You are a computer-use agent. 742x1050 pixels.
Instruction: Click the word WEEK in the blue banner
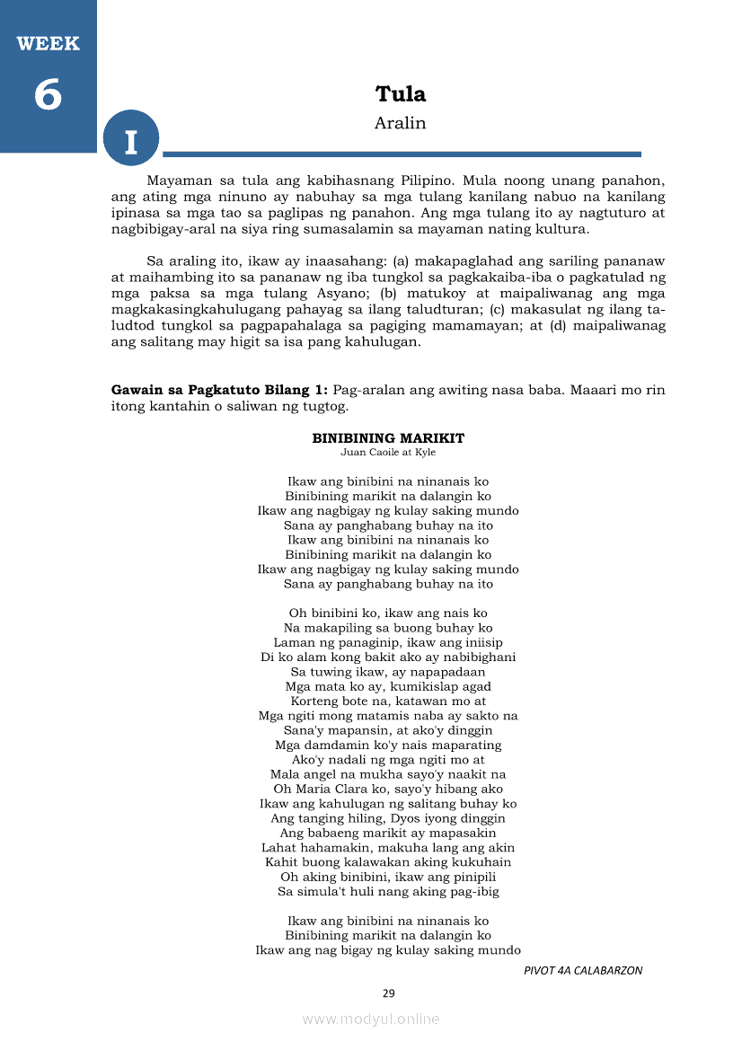pos(48,43)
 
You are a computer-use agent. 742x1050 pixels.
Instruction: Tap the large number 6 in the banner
pos(48,94)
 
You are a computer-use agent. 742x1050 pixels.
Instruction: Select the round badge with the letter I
pos(131,141)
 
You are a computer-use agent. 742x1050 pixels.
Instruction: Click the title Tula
pos(401,94)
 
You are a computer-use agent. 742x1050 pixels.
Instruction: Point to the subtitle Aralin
pos(401,123)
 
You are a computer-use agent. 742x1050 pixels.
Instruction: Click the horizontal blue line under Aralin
pos(402,154)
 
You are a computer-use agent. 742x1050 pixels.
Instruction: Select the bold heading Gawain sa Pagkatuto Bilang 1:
pos(219,391)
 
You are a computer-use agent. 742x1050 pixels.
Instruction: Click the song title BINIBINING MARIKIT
pos(388,438)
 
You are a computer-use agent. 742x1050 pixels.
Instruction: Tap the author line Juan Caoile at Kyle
pos(388,452)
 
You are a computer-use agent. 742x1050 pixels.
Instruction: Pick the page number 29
pos(388,993)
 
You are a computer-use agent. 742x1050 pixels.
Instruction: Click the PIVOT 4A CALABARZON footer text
pos(583,970)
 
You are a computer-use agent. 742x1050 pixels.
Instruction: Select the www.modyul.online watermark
pos(371,1019)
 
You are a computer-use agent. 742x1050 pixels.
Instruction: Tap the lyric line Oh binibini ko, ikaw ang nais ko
pos(388,613)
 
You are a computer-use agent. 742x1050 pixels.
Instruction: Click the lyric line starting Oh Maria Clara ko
pos(388,789)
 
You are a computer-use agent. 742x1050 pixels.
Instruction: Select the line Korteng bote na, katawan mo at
pos(388,701)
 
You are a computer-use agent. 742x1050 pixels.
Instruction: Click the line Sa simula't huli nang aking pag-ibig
pos(388,891)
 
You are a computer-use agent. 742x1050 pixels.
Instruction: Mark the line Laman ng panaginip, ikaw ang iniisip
pos(388,642)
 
